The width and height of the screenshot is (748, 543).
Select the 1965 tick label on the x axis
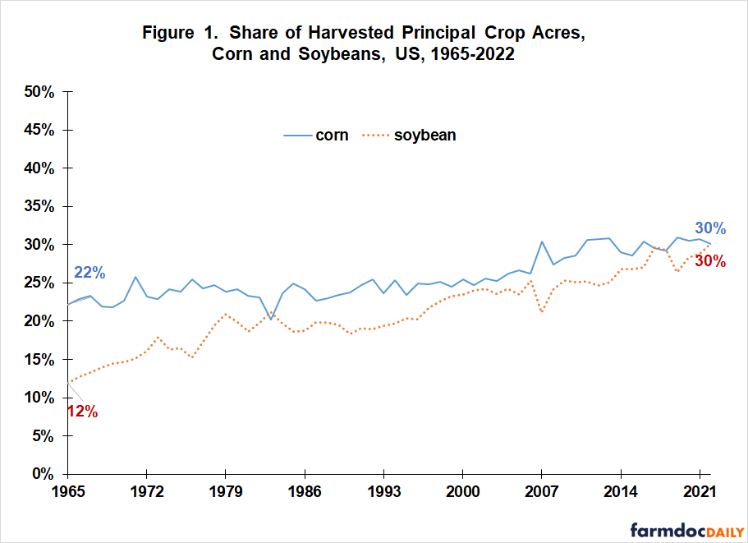67,495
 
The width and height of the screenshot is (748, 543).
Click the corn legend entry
316,136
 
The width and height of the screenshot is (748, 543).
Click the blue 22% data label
89,273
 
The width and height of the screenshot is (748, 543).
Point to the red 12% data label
82,412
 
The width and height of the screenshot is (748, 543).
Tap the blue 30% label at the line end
710,228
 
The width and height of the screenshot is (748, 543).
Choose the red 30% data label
709,261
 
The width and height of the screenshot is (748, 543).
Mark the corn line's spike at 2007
542,242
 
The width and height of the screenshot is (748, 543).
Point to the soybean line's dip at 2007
542,312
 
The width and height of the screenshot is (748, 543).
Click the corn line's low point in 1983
271,319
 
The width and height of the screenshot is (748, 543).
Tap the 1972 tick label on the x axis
145,495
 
